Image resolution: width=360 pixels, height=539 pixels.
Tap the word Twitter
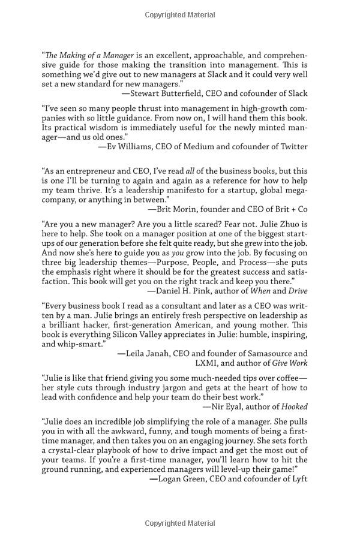coord(292,146)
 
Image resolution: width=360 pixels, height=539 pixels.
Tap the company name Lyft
coord(297,478)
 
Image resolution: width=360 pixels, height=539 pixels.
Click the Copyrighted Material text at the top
coord(179,15)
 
